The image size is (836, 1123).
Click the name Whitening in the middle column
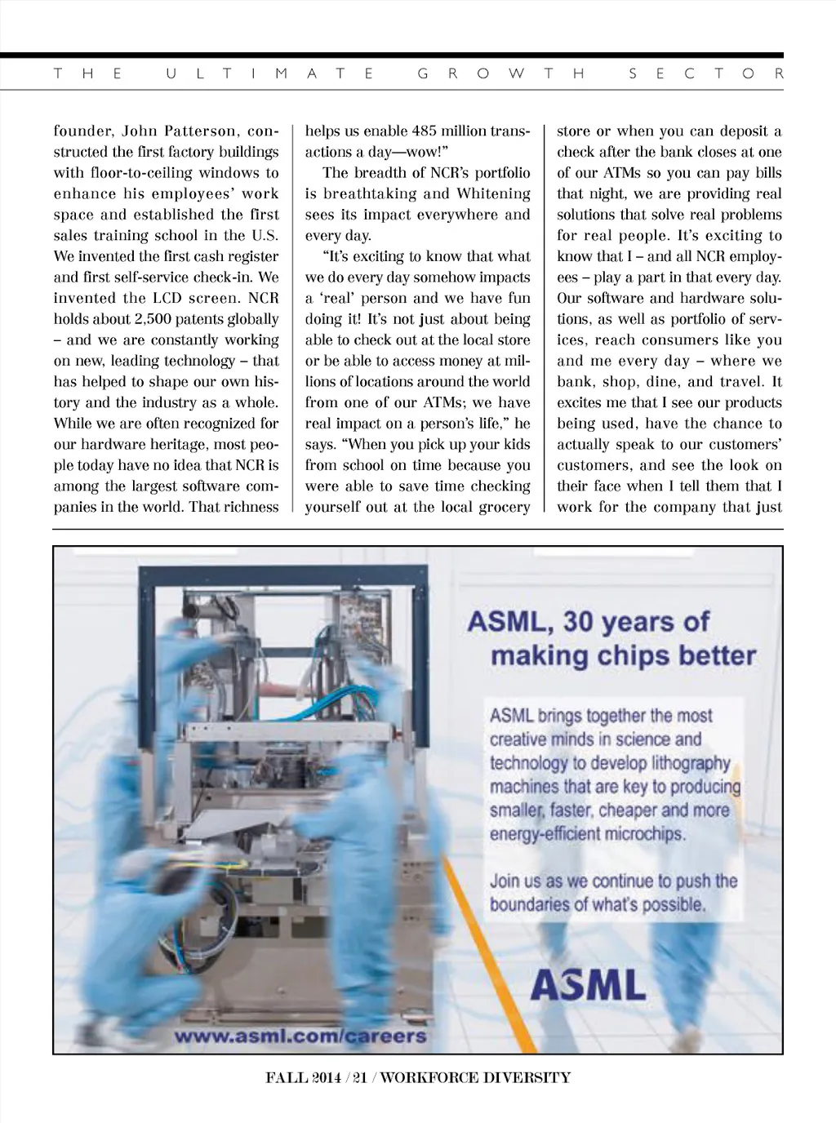[x=492, y=193]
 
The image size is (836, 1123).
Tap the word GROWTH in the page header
[x=502, y=73]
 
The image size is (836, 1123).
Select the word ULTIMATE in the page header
[x=270, y=73]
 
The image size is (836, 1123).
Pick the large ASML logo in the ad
[x=588, y=986]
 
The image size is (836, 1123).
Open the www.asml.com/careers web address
[x=301, y=1036]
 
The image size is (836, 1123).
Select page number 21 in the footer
[x=358, y=1077]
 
